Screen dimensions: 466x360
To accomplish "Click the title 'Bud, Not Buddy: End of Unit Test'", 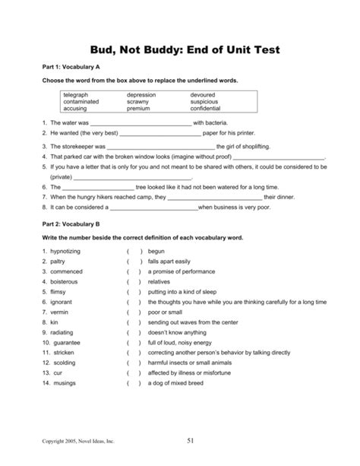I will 180,50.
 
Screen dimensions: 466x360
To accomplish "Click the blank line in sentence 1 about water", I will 141,122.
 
